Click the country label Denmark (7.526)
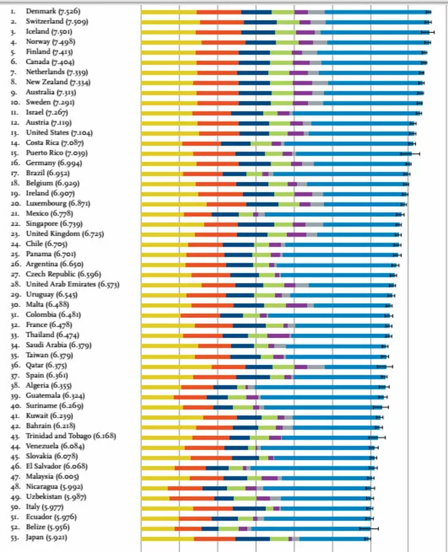pyautogui.click(x=53, y=12)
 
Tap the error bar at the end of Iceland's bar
pyautogui.click(x=427, y=32)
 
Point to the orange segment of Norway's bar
pyautogui.click(x=223, y=42)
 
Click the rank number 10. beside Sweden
pyautogui.click(x=13, y=103)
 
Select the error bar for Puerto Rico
pyautogui.click(x=409, y=153)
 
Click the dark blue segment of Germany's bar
pyautogui.click(x=255, y=163)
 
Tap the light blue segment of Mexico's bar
pyautogui.click(x=330, y=214)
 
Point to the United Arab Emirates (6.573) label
pyautogui.click(x=73, y=285)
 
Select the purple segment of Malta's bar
pyautogui.click(x=296, y=305)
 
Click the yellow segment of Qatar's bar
pyautogui.click(x=176, y=366)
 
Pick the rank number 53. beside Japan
pyautogui.click(x=13, y=538)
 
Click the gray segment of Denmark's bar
pyautogui.click(x=316, y=12)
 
